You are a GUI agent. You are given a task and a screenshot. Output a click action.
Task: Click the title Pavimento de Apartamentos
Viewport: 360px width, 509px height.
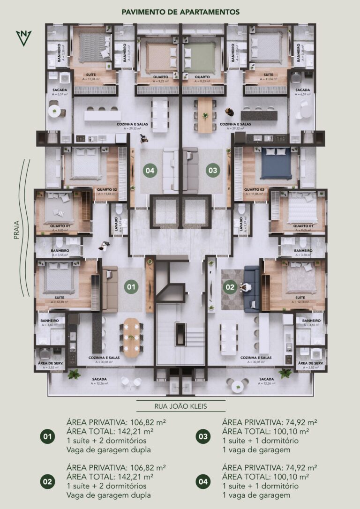[x=180, y=12]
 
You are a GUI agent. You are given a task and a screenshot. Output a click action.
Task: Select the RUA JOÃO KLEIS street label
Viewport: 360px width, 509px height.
[x=180, y=407]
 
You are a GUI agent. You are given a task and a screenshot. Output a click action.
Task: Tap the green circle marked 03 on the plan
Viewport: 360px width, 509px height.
[x=213, y=171]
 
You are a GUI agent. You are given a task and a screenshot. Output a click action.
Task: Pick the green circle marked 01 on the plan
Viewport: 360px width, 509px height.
[x=132, y=286]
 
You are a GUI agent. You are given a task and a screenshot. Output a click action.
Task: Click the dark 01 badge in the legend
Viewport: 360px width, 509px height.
[x=47, y=437]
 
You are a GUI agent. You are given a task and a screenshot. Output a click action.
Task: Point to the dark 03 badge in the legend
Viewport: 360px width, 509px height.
[x=202, y=437]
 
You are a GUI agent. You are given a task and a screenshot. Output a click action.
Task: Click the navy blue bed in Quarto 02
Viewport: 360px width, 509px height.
[x=276, y=164]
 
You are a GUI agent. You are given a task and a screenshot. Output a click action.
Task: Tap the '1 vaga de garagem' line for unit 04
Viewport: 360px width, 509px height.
[x=256, y=495]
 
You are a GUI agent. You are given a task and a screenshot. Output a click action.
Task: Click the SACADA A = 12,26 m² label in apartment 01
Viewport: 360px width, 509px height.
[x=99, y=381]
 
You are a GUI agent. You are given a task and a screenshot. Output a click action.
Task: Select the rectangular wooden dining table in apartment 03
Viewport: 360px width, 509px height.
[x=204, y=116]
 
